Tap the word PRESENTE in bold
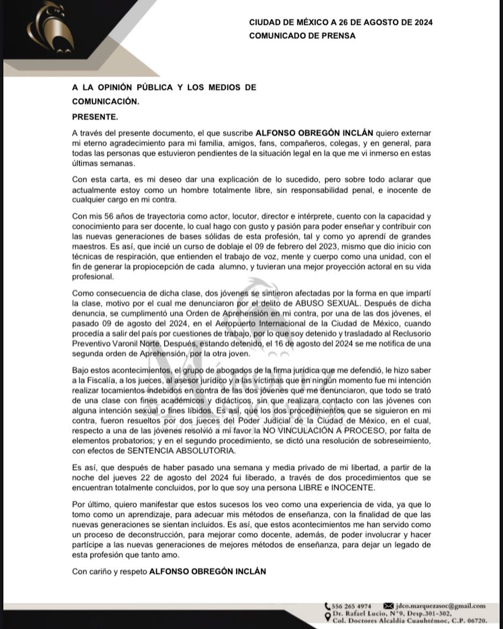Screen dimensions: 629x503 click(x=94, y=116)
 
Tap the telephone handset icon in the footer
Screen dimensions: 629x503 click(x=327, y=605)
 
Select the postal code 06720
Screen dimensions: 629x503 click(x=476, y=620)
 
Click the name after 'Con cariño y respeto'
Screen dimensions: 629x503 click(x=207, y=572)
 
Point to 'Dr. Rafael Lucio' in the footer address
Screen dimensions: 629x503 click(x=357, y=613)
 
